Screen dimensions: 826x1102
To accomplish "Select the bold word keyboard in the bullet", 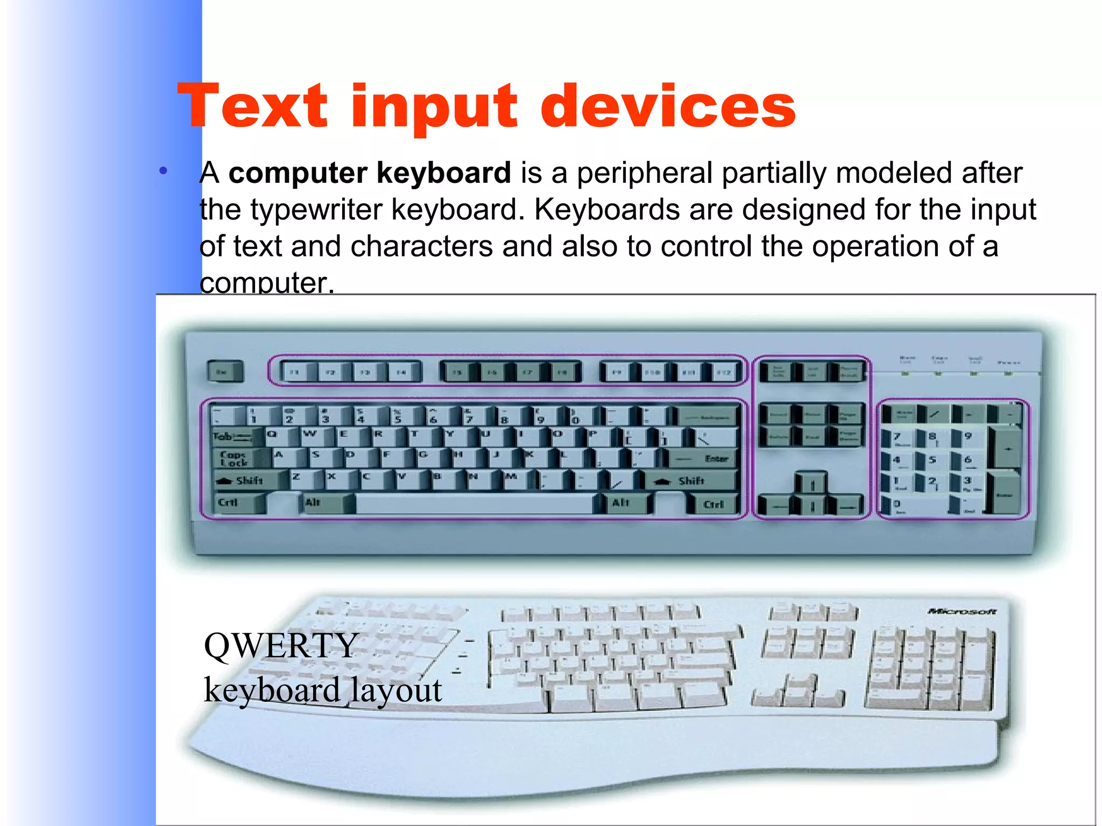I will coord(443,173).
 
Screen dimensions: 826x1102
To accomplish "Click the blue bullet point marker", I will coord(164,172).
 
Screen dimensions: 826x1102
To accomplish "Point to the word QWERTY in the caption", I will coord(281,646).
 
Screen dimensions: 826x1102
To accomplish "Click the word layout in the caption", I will coord(396,690).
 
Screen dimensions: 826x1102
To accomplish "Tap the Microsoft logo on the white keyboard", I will coord(962,611).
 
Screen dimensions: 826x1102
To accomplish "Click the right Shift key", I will coord(691,480).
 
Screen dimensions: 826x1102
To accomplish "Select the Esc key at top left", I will coord(224,372).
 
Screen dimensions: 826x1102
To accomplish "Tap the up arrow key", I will coord(811,483).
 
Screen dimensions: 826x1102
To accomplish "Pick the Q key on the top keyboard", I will coord(276,435).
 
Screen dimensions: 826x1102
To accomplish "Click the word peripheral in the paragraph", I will coord(645,173).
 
